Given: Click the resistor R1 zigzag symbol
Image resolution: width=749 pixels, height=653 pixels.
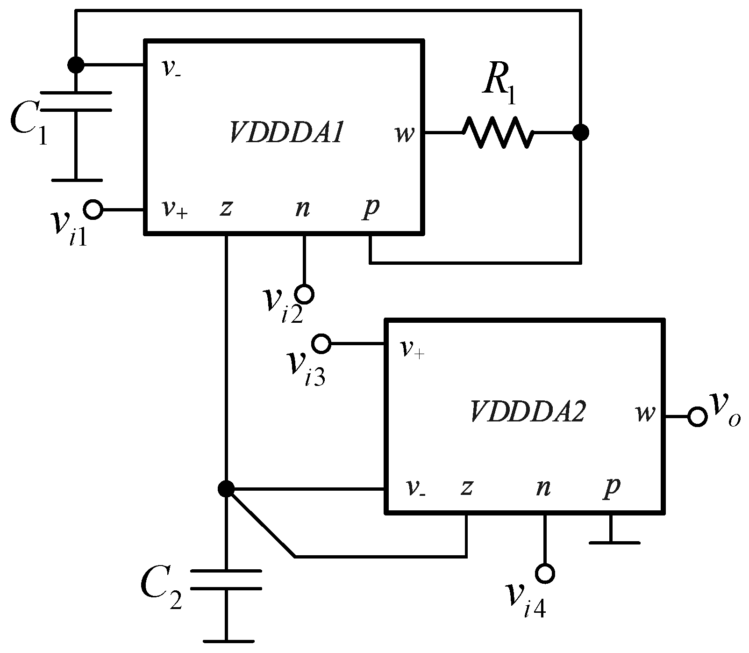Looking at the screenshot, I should pos(498,133).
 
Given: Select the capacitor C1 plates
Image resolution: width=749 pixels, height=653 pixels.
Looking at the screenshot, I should pos(76,102).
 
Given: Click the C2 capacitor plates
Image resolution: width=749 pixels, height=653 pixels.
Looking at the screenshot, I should pos(226,580).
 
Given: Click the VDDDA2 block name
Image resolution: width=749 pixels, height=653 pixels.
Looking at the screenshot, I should pos(527,412).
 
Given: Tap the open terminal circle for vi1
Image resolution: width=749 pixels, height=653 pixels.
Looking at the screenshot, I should pos(93,210).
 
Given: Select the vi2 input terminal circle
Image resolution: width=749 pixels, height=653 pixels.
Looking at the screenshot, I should pos(305,294).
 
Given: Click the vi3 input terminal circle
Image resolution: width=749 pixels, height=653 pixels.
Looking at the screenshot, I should pos(321,344).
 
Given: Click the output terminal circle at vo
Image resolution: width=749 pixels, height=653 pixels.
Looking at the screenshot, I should pos(697,416).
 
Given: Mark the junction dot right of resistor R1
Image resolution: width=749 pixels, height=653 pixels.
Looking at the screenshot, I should pos(580,133).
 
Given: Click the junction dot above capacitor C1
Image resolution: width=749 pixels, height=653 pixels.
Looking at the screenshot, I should pos(76,65).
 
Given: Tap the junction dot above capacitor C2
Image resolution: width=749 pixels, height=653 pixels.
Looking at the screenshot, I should pos(226,489).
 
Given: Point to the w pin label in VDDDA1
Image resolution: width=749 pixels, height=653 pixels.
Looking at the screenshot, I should pos(405,134).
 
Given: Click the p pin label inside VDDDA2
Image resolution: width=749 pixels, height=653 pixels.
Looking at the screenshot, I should pos(612,488).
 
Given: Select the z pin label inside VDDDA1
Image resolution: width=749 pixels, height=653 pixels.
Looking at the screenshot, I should pos(226,208).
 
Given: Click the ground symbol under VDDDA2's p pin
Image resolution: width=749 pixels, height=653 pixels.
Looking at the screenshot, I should pos(614,542).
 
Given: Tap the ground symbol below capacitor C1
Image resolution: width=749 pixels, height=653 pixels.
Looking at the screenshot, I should pos(76,180).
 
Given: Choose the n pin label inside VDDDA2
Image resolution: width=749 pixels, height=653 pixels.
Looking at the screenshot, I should pos(542,488).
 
